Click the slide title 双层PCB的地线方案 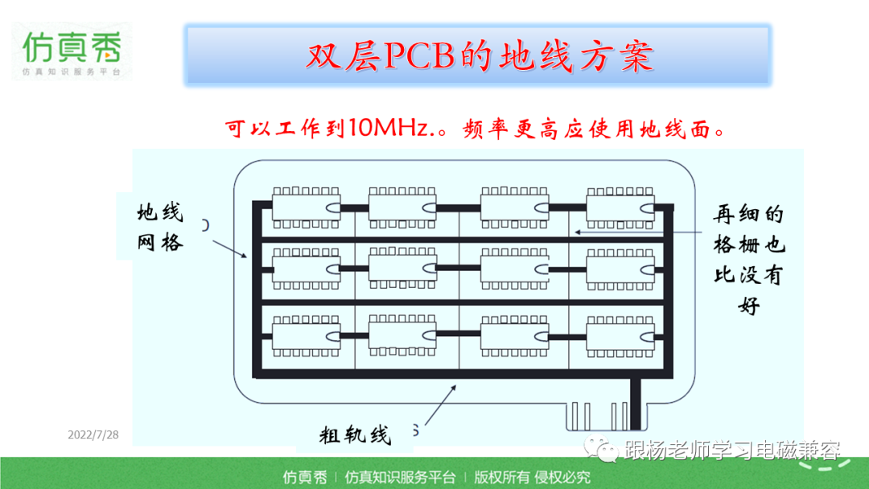(480, 55)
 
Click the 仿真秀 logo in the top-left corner (72, 51)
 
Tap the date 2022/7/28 (93, 435)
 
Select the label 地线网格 (160, 227)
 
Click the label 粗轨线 (356, 435)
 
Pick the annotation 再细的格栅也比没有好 (749, 259)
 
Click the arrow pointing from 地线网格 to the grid (229, 249)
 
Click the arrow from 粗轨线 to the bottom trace (441, 405)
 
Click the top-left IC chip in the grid (306, 208)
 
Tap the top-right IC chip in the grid (620, 208)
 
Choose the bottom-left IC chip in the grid (306, 336)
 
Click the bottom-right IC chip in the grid (620, 336)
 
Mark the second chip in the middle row (402, 268)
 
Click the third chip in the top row (514, 208)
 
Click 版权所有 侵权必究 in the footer (532, 477)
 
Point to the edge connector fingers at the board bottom (599, 416)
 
